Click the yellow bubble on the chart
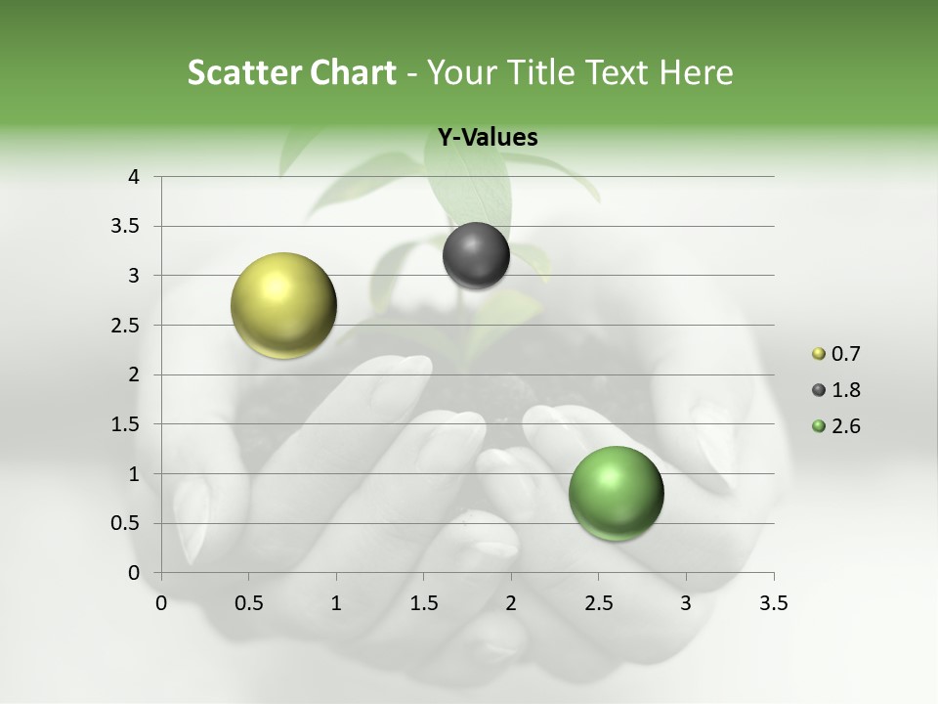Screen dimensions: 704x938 pyautogui.click(x=283, y=305)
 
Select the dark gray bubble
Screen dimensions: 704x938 pyautogui.click(x=476, y=255)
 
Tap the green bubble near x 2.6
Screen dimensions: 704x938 pyautogui.click(x=616, y=492)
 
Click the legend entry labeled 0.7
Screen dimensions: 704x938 pyautogui.click(x=836, y=354)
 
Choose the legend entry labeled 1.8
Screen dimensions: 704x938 pyautogui.click(x=836, y=390)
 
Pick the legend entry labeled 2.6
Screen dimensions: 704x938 pyautogui.click(x=836, y=426)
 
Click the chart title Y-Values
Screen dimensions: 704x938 pyautogui.click(x=487, y=138)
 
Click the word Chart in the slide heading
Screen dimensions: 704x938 pyautogui.click(x=353, y=72)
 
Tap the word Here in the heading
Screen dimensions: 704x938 pyautogui.click(x=696, y=72)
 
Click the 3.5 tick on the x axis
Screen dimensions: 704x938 pyautogui.click(x=773, y=603)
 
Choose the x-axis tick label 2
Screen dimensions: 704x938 pyautogui.click(x=511, y=603)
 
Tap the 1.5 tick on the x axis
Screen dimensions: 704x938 pyautogui.click(x=423, y=603)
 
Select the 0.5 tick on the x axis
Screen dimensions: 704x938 pyautogui.click(x=248, y=603)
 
